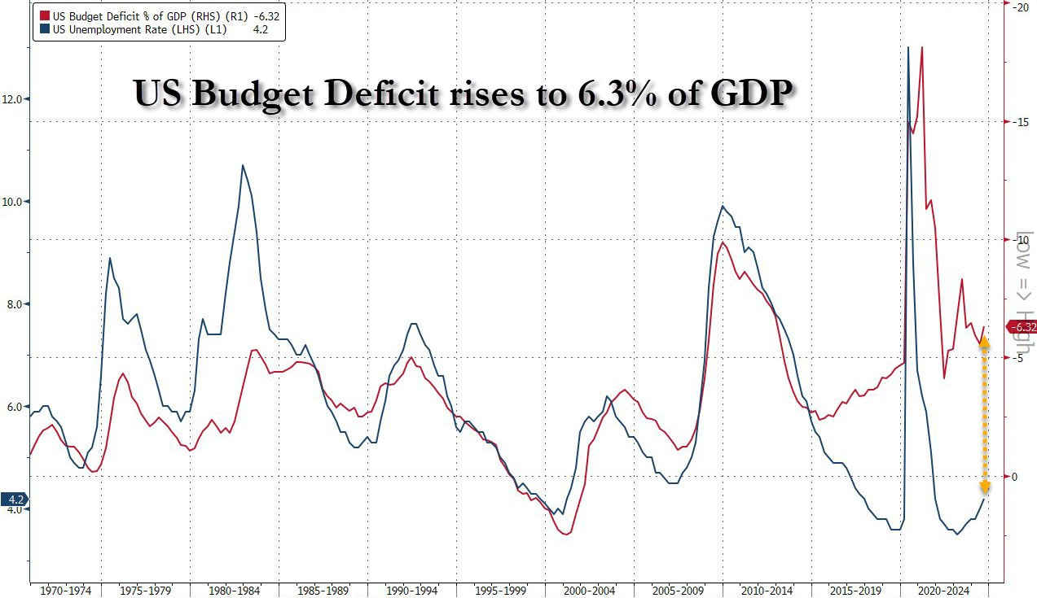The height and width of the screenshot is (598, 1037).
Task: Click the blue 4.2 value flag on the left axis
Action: [x=14, y=500]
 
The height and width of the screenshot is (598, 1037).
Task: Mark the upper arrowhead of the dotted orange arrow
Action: [x=984, y=342]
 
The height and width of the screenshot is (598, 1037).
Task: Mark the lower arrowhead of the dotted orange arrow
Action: [x=984, y=487]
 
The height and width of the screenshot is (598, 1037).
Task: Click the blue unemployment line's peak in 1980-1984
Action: [x=243, y=165]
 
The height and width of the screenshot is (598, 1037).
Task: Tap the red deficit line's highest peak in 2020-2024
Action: [x=921, y=47]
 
